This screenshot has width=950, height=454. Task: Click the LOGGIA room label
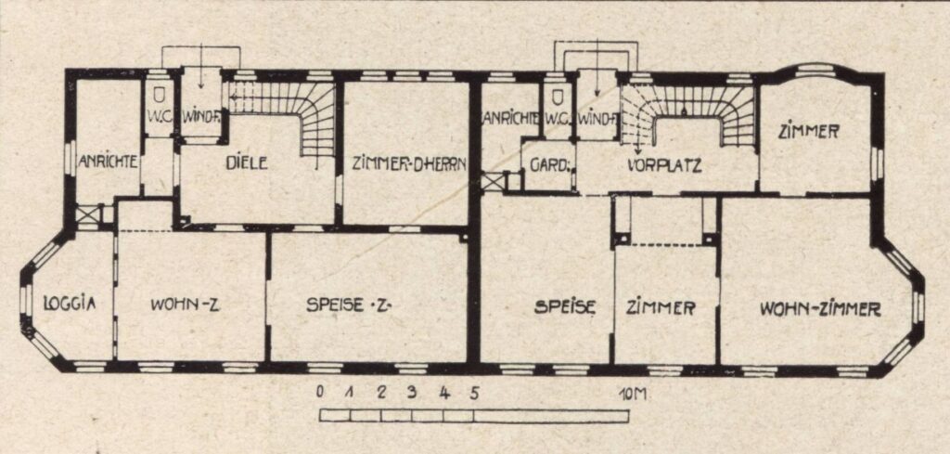tap(70, 303)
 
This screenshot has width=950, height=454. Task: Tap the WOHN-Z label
tap(185, 305)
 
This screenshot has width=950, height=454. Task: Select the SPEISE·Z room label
tap(349, 305)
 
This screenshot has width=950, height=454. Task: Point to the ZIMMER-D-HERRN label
tap(409, 163)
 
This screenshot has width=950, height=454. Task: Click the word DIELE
tap(246, 163)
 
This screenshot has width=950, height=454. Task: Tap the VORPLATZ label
tap(664, 165)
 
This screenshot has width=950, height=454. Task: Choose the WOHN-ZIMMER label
tap(820, 309)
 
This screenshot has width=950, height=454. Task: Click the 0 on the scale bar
tap(319, 392)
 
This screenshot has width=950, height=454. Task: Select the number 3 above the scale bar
tap(412, 392)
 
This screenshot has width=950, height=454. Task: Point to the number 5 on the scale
tap(474, 393)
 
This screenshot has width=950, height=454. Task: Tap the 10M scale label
tap(633, 395)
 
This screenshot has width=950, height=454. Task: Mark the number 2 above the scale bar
tap(381, 392)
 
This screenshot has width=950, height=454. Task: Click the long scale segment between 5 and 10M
tap(551, 417)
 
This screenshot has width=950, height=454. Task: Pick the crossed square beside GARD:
tap(493, 182)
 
